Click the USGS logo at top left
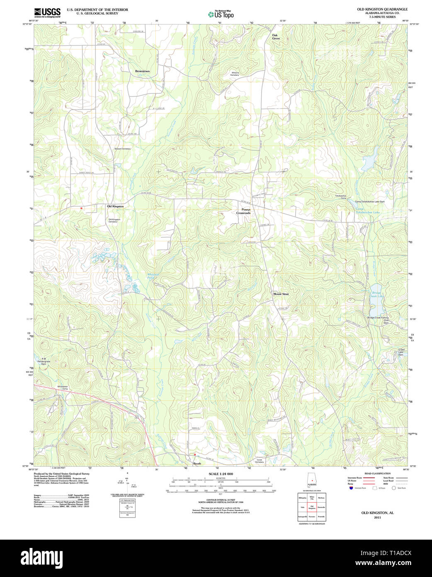click(x=47, y=12)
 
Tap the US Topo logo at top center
click(x=221, y=14)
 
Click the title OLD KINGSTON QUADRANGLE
click(x=382, y=9)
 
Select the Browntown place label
click(x=142, y=71)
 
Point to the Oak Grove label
click(x=276, y=37)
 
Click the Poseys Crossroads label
click(x=243, y=211)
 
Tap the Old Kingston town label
click(x=115, y=206)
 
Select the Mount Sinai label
click(x=281, y=294)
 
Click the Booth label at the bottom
click(x=197, y=464)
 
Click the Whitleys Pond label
click(x=153, y=275)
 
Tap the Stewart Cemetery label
click(x=122, y=149)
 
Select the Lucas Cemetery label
click(x=260, y=461)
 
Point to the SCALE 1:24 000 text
click(x=221, y=474)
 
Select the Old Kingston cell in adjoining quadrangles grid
click(x=312, y=507)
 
